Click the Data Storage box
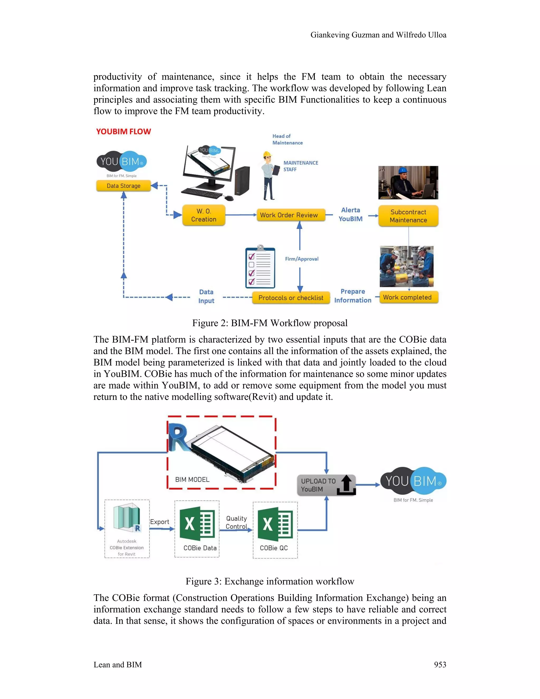[x=123, y=186]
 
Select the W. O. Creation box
[x=204, y=215]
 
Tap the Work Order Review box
[x=289, y=215]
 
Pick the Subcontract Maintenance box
[x=408, y=216]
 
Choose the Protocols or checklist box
[x=291, y=298]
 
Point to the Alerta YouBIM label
[x=351, y=214]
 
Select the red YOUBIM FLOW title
[x=123, y=132]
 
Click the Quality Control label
[x=237, y=522]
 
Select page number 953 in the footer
[x=440, y=665]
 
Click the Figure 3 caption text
[x=270, y=581]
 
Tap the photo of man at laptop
[x=408, y=183]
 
